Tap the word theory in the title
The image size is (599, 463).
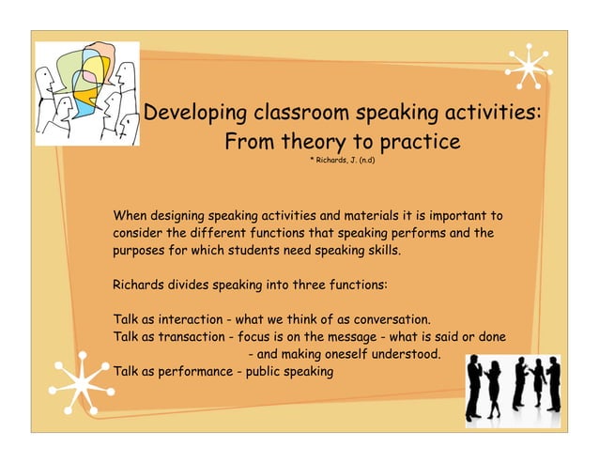tap(318, 143)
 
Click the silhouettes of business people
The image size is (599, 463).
tap(515, 386)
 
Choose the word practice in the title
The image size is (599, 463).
tap(418, 143)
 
